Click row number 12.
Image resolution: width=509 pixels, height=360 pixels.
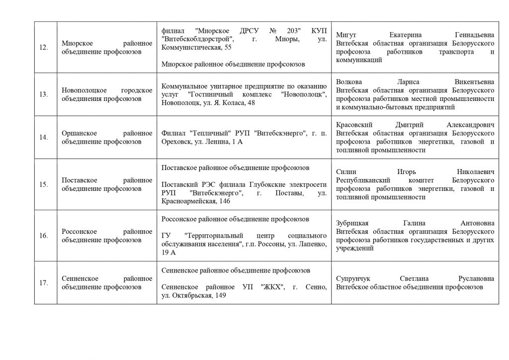(x=43, y=47)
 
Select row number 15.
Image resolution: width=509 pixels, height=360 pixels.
(x=43, y=184)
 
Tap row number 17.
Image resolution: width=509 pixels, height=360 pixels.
(x=43, y=283)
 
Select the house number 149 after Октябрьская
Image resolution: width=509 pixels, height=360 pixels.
(x=220, y=296)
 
